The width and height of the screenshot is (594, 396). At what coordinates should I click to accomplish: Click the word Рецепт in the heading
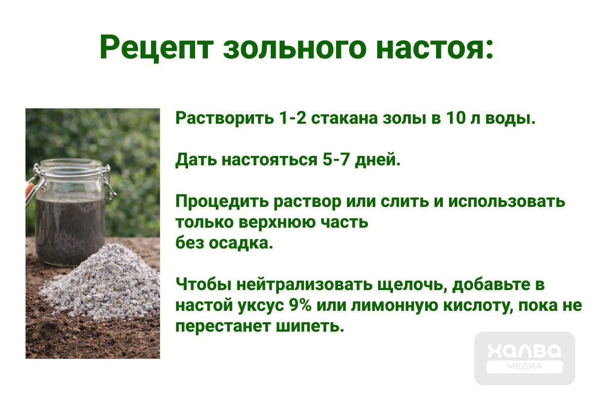(156, 48)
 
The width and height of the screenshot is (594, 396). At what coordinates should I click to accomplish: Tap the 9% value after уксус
(299, 305)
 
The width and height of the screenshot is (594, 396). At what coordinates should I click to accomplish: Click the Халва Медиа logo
(525, 358)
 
